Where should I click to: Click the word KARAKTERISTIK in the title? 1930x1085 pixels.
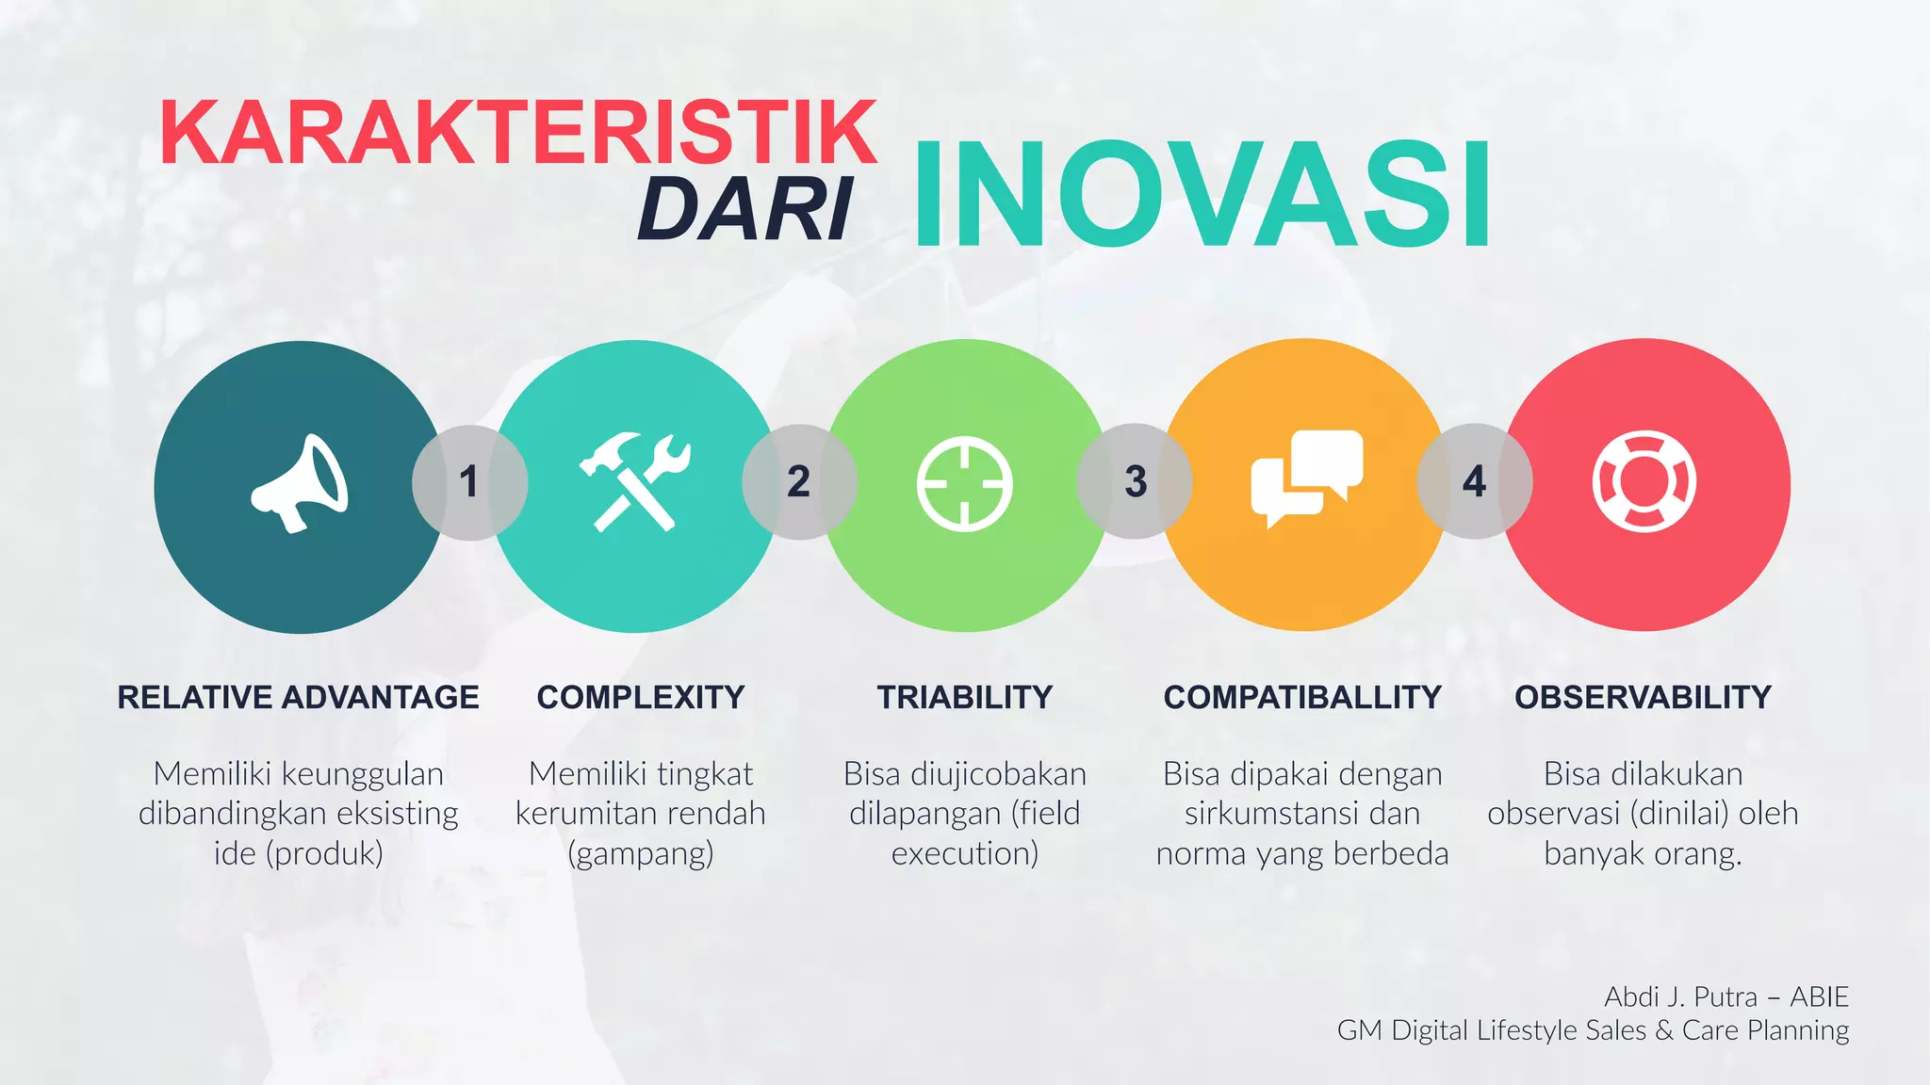click(x=518, y=133)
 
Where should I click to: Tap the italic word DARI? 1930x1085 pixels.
click(x=744, y=210)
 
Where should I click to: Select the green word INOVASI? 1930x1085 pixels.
click(x=1202, y=195)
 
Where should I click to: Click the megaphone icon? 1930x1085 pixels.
click(x=300, y=484)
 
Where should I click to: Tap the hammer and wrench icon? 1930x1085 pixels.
click(x=635, y=482)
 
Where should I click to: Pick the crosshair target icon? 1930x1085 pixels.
click(x=964, y=484)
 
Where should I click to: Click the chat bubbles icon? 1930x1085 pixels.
click(x=1306, y=478)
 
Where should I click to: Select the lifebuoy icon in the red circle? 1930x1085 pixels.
click(x=1644, y=481)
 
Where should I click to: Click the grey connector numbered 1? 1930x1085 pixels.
click(x=469, y=482)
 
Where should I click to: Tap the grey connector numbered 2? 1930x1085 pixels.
click(x=799, y=481)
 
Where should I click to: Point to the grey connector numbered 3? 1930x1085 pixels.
click(x=1135, y=481)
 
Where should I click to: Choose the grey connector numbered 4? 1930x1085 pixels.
click(x=1474, y=481)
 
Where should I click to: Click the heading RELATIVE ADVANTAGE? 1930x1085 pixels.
click(x=298, y=697)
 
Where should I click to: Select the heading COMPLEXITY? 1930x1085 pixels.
click(x=641, y=697)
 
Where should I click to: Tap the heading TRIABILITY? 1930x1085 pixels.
click(x=964, y=697)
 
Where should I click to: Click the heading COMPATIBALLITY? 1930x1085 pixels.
click(x=1302, y=697)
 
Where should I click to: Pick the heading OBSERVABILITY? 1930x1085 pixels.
click(x=1643, y=697)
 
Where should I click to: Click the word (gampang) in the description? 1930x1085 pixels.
click(x=641, y=853)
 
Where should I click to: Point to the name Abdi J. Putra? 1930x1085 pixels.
click(x=1680, y=996)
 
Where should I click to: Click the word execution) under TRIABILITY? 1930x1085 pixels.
click(x=964, y=853)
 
